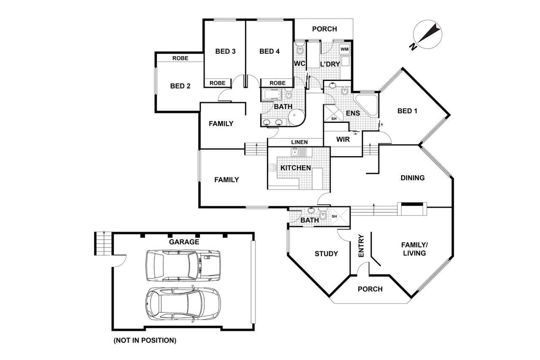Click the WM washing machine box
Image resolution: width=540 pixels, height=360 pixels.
345,49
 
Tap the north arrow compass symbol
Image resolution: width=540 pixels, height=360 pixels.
427,35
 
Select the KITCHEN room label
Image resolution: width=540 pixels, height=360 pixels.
296,168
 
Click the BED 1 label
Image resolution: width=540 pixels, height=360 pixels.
407,111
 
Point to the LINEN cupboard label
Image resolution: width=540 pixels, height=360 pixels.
300,142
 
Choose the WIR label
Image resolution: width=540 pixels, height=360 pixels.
343,139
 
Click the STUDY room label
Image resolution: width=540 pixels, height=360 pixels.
326,254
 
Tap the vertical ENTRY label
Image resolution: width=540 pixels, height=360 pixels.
361,246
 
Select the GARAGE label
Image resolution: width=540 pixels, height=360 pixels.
184,242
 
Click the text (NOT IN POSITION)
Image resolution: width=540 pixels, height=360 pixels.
145,340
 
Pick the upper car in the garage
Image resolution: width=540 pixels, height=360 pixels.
183,266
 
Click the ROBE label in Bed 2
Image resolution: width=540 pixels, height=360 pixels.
180,58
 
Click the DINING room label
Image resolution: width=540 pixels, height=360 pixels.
413,178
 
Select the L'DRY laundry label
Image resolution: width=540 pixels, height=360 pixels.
330,64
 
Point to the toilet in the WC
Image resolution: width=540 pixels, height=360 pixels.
300,48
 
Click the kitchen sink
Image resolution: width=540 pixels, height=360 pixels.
299,152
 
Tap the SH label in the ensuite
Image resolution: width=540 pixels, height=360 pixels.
334,119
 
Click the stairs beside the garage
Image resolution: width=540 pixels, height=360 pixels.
103,243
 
